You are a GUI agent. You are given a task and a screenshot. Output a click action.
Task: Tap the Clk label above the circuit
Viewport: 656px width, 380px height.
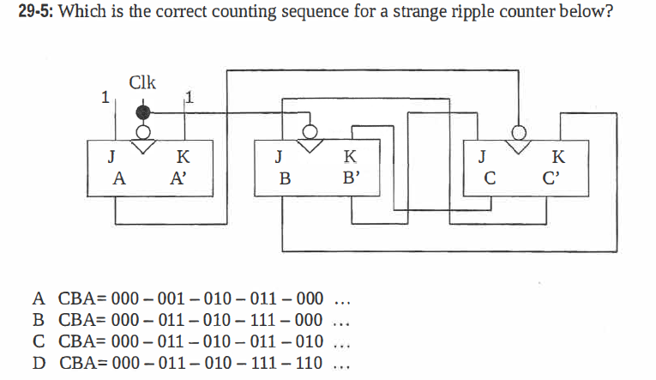coord(142,83)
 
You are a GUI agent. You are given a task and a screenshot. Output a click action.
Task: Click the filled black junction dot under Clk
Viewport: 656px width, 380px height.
coord(144,112)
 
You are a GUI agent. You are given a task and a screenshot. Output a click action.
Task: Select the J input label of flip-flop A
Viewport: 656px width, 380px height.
coord(110,157)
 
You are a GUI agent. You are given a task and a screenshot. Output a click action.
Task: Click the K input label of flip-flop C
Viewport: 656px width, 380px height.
coord(559,157)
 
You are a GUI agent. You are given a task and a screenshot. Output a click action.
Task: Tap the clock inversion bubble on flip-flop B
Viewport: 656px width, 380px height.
coord(310,130)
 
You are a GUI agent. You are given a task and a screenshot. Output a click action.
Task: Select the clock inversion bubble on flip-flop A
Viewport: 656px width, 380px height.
coord(144,131)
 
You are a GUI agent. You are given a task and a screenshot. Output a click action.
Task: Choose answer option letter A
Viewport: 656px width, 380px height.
coord(39,299)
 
